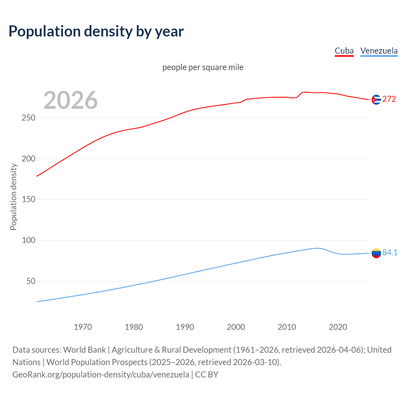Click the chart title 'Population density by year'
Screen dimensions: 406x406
(x=96, y=31)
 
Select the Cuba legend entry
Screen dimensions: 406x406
(x=344, y=51)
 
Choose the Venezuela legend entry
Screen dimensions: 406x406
(x=379, y=51)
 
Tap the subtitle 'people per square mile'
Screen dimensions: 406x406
(x=203, y=67)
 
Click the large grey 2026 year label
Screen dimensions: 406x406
(x=70, y=100)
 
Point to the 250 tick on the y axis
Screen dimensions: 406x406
(x=29, y=118)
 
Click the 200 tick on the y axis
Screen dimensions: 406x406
(x=29, y=159)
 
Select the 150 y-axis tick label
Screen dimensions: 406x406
(x=29, y=200)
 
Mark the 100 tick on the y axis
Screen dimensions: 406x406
(x=29, y=240)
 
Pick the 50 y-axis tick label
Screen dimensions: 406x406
(x=31, y=281)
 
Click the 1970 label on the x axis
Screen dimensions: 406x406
(x=83, y=327)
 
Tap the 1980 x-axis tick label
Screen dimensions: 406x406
(x=134, y=327)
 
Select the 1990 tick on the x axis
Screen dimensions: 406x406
(x=185, y=327)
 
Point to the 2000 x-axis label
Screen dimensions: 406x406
(x=236, y=327)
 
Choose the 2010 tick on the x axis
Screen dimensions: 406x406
(x=287, y=327)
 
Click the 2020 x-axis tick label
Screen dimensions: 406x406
(x=338, y=327)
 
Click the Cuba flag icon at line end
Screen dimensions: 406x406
(x=376, y=100)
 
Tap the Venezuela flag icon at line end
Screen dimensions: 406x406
(x=376, y=253)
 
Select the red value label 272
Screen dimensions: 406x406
(x=389, y=99)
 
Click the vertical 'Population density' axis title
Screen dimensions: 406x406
(x=13, y=197)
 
